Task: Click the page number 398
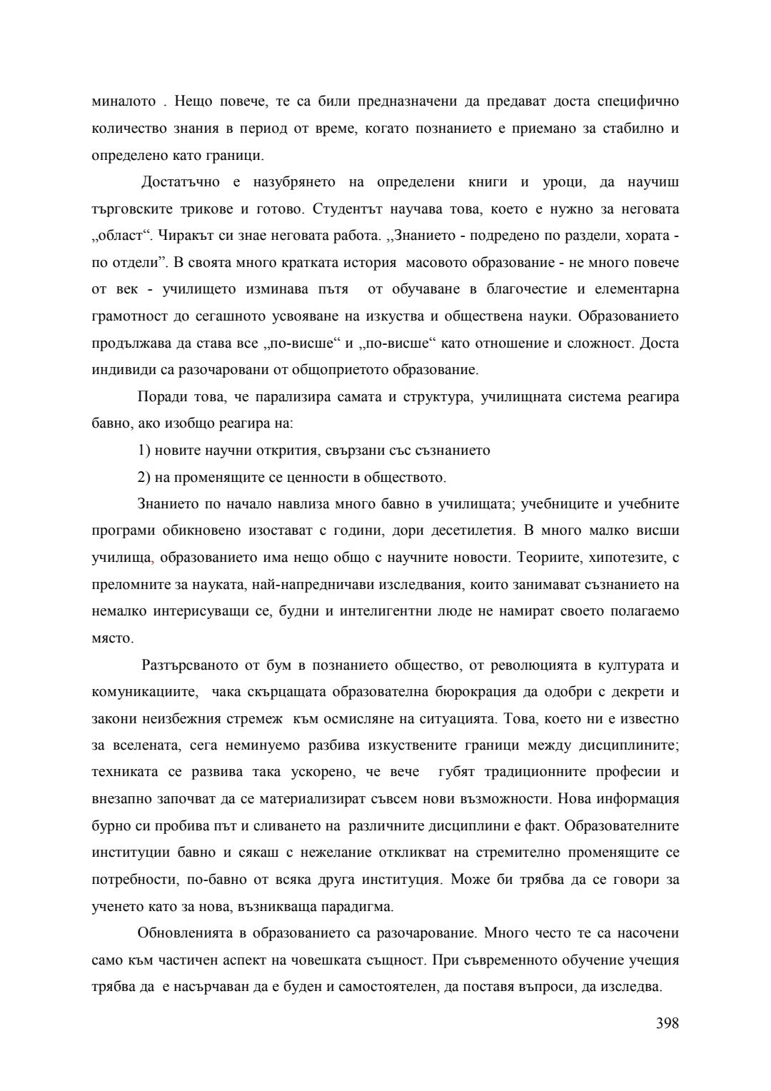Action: [667, 1023]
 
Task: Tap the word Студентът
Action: [346, 208]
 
